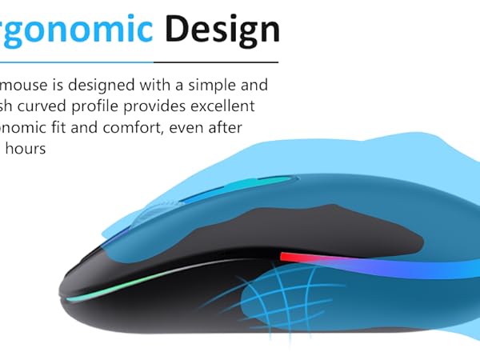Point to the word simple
point(213,85)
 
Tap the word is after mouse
point(56,85)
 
